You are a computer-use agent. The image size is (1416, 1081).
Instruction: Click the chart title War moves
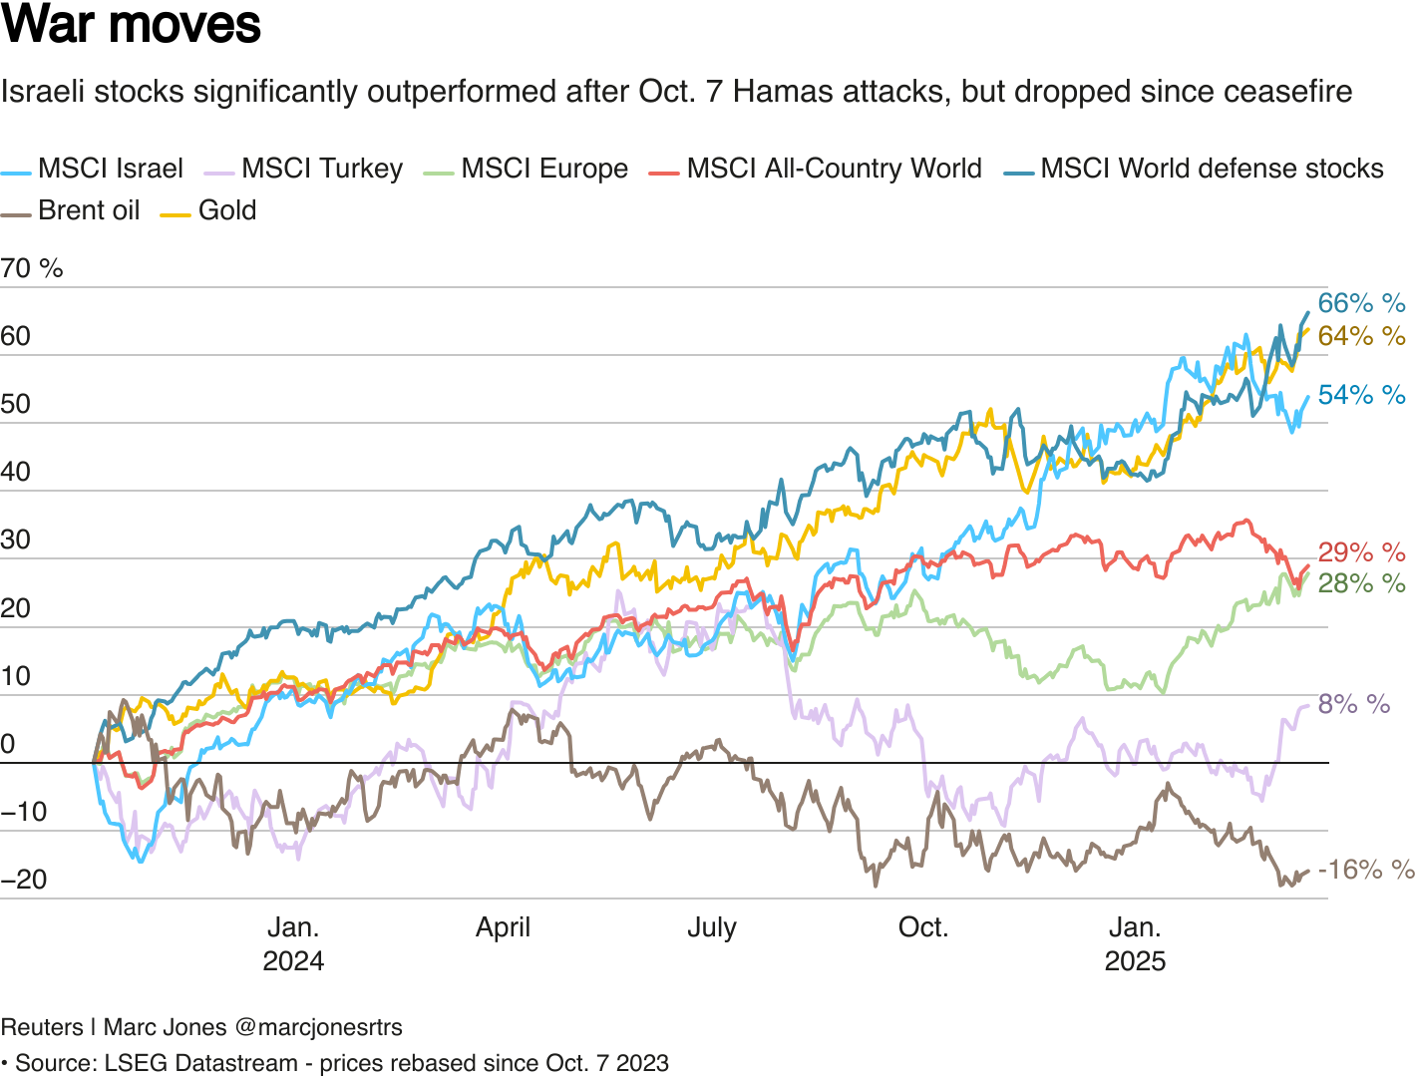pyautogui.click(x=131, y=26)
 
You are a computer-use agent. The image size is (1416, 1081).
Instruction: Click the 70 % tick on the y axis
pyautogui.click(x=32, y=268)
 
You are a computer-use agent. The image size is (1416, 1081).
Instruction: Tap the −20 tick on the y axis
pyautogui.click(x=24, y=880)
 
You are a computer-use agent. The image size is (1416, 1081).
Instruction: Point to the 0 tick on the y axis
pyautogui.click(x=8, y=744)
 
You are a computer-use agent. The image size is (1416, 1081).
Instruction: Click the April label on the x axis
pyautogui.click(x=503, y=927)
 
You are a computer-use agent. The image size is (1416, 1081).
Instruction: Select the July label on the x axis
pyautogui.click(x=711, y=927)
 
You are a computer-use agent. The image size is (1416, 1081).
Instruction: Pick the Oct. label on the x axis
pyautogui.click(x=922, y=927)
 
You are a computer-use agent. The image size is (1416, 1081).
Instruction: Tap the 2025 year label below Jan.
pyautogui.click(x=1135, y=961)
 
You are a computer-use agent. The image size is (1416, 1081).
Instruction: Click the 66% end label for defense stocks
pyautogui.click(x=1361, y=303)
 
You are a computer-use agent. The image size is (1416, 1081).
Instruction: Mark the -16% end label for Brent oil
pyautogui.click(x=1365, y=870)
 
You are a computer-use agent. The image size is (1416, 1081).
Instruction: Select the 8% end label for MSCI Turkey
pyautogui.click(x=1353, y=704)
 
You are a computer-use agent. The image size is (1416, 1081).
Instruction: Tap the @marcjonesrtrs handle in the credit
pyautogui.click(x=318, y=1027)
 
